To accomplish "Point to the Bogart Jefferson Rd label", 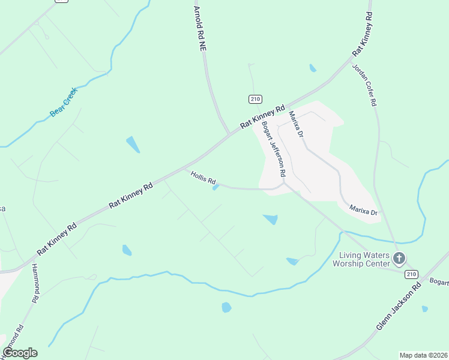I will point(273,149).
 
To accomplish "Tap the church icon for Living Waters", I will point(399,259).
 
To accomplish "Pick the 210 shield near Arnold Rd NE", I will point(255,98).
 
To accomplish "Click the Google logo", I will point(20,353).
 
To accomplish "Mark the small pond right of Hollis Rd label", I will point(216,188).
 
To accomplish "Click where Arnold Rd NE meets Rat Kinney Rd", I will point(228,134).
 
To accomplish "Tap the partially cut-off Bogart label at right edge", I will point(440,281).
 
